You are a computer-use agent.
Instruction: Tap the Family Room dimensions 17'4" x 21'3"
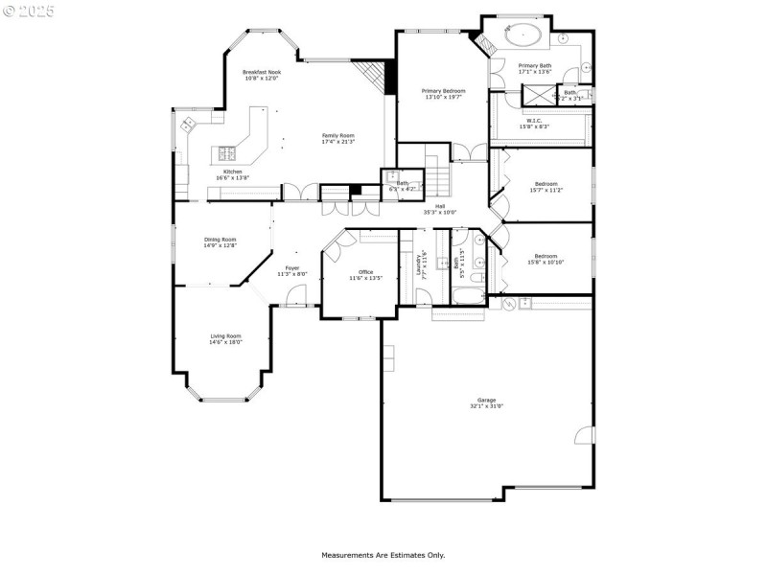[x=337, y=142]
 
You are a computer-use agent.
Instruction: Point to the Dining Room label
[x=220, y=240]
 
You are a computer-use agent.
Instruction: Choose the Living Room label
[x=226, y=336]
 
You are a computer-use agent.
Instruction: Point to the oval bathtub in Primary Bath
[x=523, y=36]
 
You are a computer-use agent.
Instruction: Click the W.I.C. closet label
[x=534, y=121]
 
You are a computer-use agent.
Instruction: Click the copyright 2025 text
[x=29, y=11]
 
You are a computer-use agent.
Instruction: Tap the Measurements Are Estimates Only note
[x=383, y=555]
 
